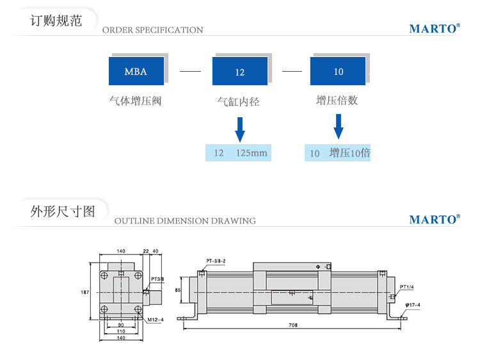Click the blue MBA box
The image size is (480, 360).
point(136,71)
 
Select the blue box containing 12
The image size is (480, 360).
point(240,72)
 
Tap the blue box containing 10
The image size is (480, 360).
point(338,71)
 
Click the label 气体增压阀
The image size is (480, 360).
point(135,101)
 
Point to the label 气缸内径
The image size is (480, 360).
point(239,101)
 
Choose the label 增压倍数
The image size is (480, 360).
point(337,101)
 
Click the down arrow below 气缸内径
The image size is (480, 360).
point(240,129)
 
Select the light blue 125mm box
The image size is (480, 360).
point(238,153)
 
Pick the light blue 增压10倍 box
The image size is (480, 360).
point(337,153)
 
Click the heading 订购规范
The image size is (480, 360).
point(56,20)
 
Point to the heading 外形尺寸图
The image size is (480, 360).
point(63,211)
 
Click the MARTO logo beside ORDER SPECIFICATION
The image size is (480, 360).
point(435,29)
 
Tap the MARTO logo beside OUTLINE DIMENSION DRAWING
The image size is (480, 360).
point(435,220)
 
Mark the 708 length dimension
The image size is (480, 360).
point(293,325)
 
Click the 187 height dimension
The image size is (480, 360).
point(84,292)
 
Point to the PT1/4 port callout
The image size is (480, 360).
point(408,286)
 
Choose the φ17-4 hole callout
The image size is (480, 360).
point(412,304)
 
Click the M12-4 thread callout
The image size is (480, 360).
point(156,319)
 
